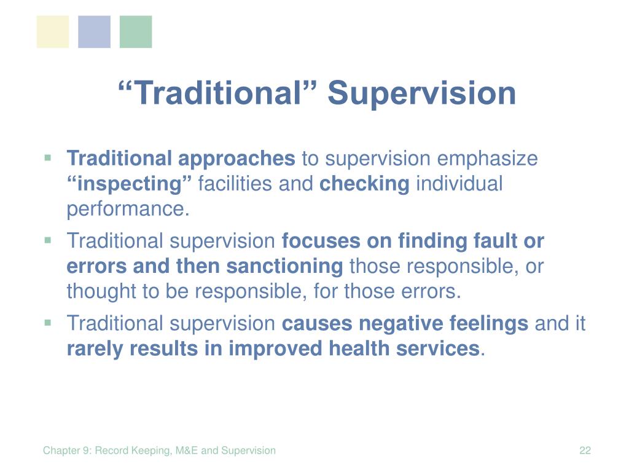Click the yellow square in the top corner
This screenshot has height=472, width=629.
[x=53, y=32]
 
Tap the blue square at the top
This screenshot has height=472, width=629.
[x=94, y=32]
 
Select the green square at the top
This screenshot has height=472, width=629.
[x=136, y=32]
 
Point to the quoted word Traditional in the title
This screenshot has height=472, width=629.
[x=217, y=93]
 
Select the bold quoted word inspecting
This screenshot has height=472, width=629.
[x=129, y=184]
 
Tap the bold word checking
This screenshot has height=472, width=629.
[x=364, y=184]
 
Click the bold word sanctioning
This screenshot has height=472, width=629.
[x=285, y=266]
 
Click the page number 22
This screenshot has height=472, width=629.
[x=585, y=450]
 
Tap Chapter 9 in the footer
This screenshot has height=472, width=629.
[x=68, y=450]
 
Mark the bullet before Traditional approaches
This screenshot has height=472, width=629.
[x=48, y=158]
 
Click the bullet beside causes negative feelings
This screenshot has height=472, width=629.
[x=48, y=322]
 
